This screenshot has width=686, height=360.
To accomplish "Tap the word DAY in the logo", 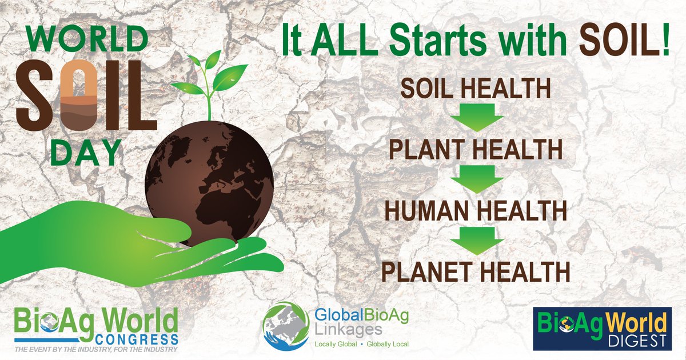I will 86,153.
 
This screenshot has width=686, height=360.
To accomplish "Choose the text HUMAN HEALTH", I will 475,210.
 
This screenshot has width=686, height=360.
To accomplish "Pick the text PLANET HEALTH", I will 475,270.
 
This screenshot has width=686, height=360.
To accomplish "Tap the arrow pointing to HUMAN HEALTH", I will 476,179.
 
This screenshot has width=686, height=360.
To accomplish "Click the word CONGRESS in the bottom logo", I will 143,337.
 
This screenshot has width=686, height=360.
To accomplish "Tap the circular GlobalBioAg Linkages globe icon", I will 286,327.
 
